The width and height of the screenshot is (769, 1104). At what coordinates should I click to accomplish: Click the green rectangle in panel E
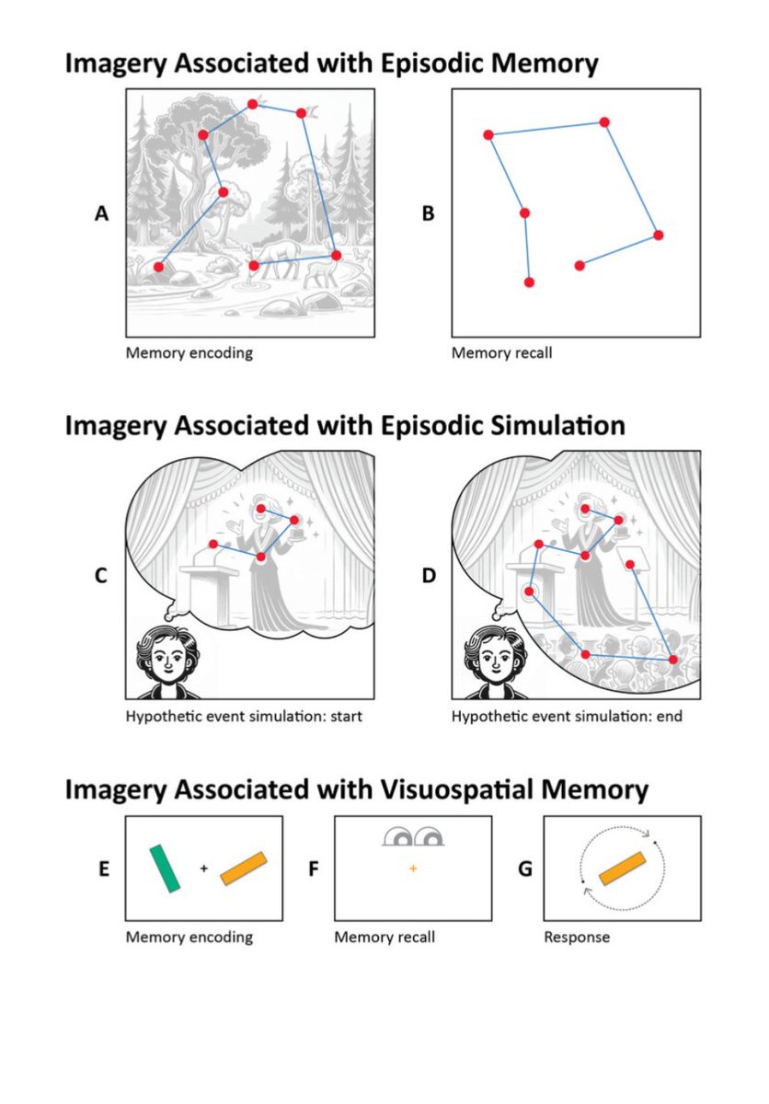pos(166,868)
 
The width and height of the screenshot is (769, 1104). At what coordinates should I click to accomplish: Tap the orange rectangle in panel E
pos(244,868)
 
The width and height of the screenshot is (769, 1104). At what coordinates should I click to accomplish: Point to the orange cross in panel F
pos(413,868)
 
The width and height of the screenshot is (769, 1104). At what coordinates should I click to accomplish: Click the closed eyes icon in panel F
pos(413,836)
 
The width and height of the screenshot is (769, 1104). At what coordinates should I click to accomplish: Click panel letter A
pos(102,213)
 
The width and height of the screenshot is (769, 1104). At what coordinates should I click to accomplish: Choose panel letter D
pos(429,576)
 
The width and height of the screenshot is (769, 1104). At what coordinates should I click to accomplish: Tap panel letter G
pos(525,868)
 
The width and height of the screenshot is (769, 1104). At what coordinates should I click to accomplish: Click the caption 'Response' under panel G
pos(577,937)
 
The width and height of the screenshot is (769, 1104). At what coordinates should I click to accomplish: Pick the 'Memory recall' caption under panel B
pos(502,352)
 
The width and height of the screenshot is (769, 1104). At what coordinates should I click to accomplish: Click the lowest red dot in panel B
pos(528,282)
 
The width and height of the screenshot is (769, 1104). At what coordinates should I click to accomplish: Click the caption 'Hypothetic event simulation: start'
pos(244,716)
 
